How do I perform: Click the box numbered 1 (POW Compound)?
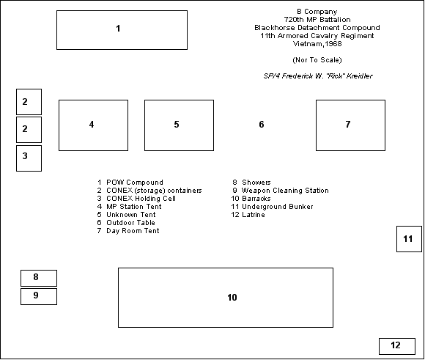tap(122, 30)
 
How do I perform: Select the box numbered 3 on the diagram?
tap(29, 158)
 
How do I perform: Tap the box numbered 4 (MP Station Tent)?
tap(93, 125)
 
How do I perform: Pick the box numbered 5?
tap(179, 125)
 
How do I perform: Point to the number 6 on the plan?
tap(262, 125)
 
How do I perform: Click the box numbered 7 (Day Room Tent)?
tap(350, 125)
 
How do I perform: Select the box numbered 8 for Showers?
tap(39, 278)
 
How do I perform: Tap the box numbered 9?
tap(39, 296)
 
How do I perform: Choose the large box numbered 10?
tap(226, 298)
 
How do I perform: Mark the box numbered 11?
tap(409, 239)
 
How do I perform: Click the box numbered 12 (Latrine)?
tap(397, 346)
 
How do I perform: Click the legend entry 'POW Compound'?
tap(135, 183)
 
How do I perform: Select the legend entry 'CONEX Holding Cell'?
tap(141, 199)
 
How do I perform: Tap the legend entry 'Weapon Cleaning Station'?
tap(285, 191)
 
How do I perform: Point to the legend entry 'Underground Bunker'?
tap(278, 207)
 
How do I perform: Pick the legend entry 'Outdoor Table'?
tap(130, 223)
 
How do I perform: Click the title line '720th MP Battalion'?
tap(317, 20)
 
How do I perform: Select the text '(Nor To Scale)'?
tap(317, 60)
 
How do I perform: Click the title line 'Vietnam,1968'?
tap(317, 44)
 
